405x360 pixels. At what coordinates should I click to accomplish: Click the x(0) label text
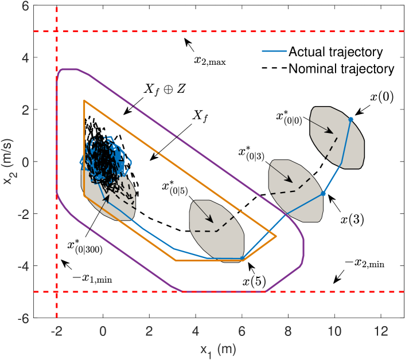point(381,97)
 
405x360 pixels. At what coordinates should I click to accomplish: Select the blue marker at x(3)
point(323,194)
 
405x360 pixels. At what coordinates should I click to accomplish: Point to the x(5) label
point(254,281)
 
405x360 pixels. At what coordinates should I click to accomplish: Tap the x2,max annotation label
point(211,60)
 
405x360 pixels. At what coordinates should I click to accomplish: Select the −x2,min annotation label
point(367,265)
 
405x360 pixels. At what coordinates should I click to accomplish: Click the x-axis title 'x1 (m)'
point(218,349)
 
